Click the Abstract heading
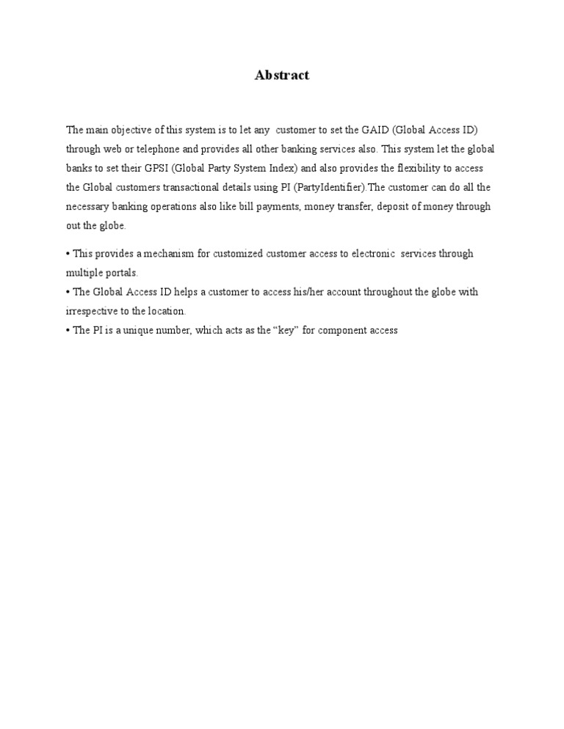click(282, 76)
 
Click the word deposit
click(408, 206)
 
